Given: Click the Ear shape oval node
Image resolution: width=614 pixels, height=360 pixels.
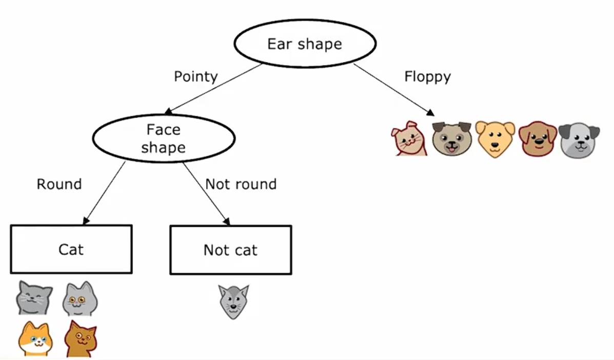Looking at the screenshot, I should [x=305, y=44].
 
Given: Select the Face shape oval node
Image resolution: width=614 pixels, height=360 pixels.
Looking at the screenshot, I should [x=163, y=138].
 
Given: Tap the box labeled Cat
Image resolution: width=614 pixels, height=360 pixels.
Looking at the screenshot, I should [x=71, y=249].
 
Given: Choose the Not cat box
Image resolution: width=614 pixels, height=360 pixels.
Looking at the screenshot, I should [x=230, y=250].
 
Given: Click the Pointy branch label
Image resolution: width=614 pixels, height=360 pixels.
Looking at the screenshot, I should [x=195, y=76].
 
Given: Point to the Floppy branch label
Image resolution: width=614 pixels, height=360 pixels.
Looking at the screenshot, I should [x=427, y=77].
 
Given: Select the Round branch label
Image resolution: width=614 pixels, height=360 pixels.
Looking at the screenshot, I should [x=59, y=184].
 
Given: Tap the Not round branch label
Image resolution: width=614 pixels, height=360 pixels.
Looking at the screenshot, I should [x=241, y=184].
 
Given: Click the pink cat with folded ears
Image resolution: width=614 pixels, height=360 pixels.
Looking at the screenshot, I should [x=409, y=138].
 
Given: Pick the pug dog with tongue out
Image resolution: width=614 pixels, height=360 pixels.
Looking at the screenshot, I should [x=451, y=138].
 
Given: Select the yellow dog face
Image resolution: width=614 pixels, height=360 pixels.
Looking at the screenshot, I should [x=495, y=138].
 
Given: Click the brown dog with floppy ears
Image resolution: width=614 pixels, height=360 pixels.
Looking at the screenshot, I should [x=538, y=138].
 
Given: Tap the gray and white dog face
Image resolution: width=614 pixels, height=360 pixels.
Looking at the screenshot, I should [x=579, y=139].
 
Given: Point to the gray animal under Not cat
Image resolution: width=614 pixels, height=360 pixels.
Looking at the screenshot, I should [x=233, y=302].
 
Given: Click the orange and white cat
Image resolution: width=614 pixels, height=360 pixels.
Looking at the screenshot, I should [x=35, y=339].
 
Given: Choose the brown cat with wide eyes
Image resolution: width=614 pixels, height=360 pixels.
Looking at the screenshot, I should [x=80, y=339].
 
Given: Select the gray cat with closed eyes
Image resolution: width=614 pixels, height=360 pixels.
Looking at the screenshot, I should [x=34, y=297].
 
